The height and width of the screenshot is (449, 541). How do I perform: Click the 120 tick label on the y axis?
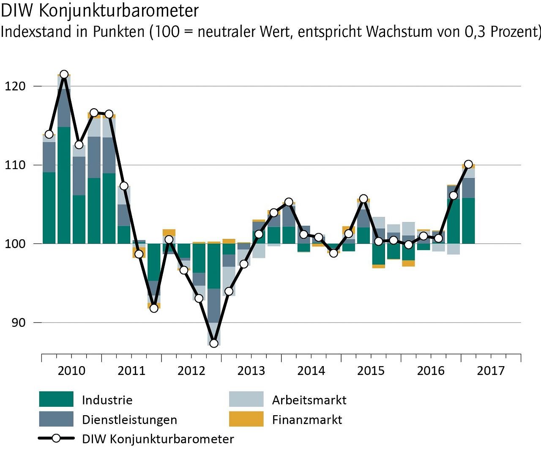coord(15,86)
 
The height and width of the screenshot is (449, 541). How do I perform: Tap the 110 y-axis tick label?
coord(15,165)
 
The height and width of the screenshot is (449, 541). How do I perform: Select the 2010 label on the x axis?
coord(71,371)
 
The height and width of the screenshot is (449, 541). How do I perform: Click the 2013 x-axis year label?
coord(251,371)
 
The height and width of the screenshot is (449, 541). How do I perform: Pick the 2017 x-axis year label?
coord(491,371)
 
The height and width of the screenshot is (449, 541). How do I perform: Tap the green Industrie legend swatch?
coord(56,399)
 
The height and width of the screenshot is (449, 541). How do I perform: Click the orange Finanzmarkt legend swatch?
coord(246,419)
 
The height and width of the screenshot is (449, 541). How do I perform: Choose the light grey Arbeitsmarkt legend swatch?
coord(246,399)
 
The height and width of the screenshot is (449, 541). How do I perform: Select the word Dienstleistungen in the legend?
coord(129,420)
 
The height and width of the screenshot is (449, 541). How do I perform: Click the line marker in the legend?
coord(56,438)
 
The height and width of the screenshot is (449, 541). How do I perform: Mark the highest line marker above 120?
coord(64,74)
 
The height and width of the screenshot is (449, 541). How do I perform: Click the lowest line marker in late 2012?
coord(214,343)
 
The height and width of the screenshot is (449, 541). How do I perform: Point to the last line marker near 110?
coord(468,164)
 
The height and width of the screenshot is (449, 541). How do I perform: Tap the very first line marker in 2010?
coord(49,134)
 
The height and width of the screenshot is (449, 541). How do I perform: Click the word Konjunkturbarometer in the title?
coord(119,11)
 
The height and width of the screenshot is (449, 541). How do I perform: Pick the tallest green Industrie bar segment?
coord(64,185)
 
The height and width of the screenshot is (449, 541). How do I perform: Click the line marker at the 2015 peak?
coord(363,199)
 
